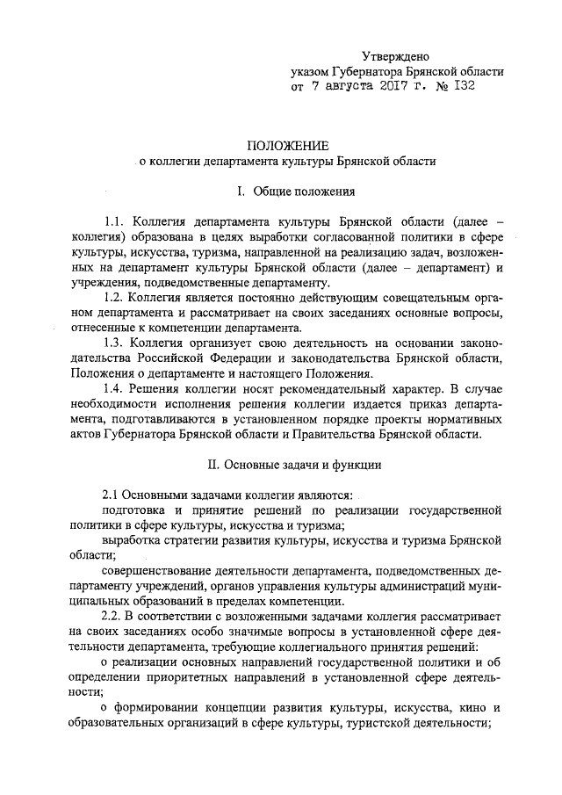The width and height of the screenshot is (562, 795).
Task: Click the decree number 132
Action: (x=464, y=88)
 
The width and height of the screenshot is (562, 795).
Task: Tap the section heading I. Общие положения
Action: (x=281, y=191)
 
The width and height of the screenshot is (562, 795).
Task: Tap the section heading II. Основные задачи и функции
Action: (x=281, y=462)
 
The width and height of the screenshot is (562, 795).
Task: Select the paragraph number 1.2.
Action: (x=117, y=299)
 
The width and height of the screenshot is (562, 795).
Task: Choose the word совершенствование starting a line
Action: (x=165, y=570)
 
